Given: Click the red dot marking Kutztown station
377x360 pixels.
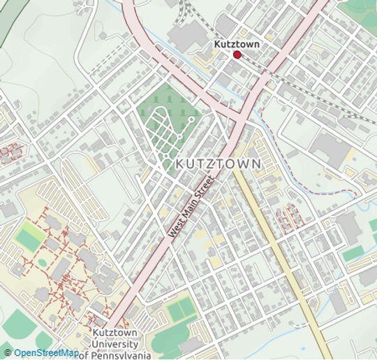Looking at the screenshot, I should (237, 55).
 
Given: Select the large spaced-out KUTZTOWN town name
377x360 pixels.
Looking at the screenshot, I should (219, 163).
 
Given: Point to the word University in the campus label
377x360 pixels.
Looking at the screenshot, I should (114, 344).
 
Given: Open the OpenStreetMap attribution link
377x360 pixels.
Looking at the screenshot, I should (46, 353).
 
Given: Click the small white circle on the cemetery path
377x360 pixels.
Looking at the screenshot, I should (191, 120).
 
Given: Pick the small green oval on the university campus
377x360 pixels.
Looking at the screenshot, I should (43, 263).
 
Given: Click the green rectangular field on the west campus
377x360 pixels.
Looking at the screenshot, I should (29, 238).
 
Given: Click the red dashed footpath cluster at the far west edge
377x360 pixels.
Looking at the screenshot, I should (10, 151).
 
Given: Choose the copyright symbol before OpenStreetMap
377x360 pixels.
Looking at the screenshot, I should (8, 353).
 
